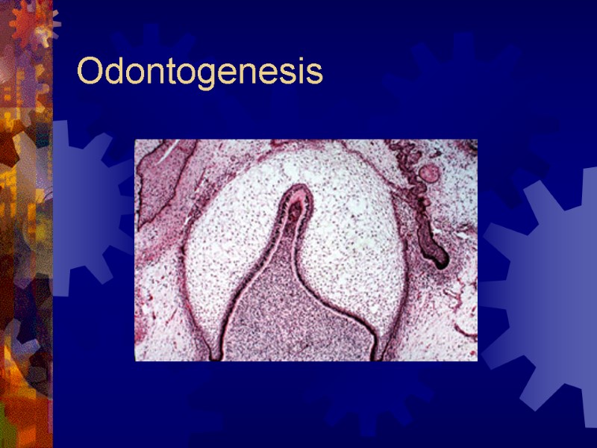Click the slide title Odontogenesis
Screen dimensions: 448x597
pyautogui.click(x=199, y=73)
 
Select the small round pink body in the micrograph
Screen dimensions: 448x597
pyautogui.click(x=428, y=173)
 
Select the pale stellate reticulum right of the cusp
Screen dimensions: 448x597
pyautogui.click(x=358, y=239)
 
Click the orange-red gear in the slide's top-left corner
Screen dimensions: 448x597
pyautogui.click(x=31, y=26)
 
